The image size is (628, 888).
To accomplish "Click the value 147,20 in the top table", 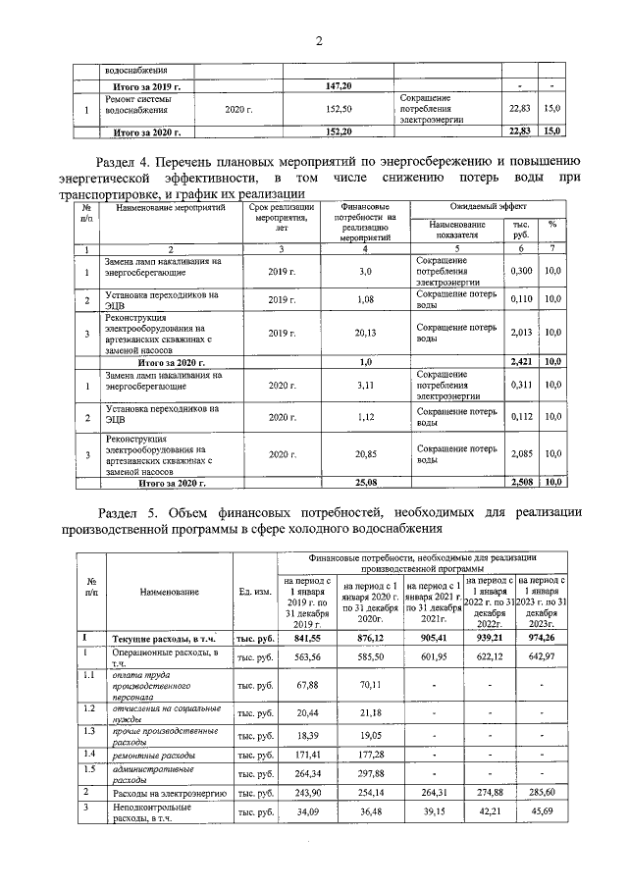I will [339, 86].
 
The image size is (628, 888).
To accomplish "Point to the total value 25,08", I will [365, 482].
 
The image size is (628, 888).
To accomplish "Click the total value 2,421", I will [522, 361].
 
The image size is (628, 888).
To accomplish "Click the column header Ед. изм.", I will [255, 592].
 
